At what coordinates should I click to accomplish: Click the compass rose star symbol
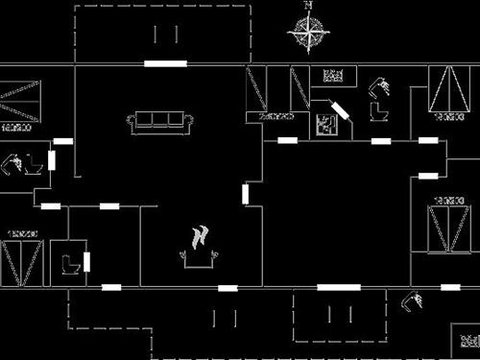click(307, 34)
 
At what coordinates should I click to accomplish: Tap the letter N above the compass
click(308, 5)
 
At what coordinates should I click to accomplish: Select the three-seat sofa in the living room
click(160, 121)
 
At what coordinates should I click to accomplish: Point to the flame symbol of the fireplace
click(201, 237)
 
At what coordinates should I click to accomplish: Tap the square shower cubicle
click(326, 124)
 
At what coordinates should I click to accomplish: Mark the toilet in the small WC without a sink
click(69, 263)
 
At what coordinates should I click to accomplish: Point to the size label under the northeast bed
click(447, 116)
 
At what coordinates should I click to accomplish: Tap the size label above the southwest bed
click(21, 233)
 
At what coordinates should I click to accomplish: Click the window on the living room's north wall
click(165, 63)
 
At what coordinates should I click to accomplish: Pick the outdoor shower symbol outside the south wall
click(414, 301)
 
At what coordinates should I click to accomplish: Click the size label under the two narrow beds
click(276, 116)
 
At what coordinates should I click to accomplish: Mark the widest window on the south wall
click(339, 287)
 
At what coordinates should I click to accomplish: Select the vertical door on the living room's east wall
click(246, 194)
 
